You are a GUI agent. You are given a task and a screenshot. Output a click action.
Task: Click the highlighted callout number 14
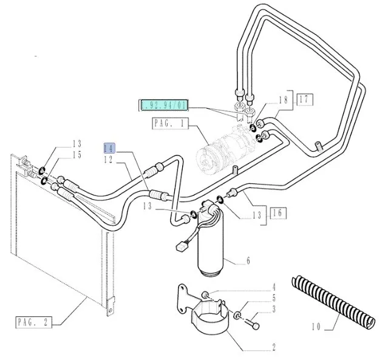tap(109, 148)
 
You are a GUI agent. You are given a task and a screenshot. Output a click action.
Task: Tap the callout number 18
tap(282, 100)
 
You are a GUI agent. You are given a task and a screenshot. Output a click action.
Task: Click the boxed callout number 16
tap(278, 212)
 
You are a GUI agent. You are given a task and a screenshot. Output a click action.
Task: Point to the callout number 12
tap(109, 159)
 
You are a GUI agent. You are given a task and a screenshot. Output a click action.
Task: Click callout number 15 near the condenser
tap(78, 155)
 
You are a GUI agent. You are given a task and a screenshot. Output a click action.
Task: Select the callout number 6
tap(248, 262)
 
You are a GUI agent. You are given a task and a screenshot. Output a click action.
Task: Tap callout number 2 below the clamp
tap(274, 347)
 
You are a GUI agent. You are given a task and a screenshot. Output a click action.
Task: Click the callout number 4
tap(274, 287)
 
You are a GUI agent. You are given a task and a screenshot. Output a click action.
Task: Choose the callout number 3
tap(274, 310)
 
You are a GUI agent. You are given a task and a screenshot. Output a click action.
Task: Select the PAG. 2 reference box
tap(32, 321)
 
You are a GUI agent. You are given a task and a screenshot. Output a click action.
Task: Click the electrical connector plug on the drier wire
tap(180, 248)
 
